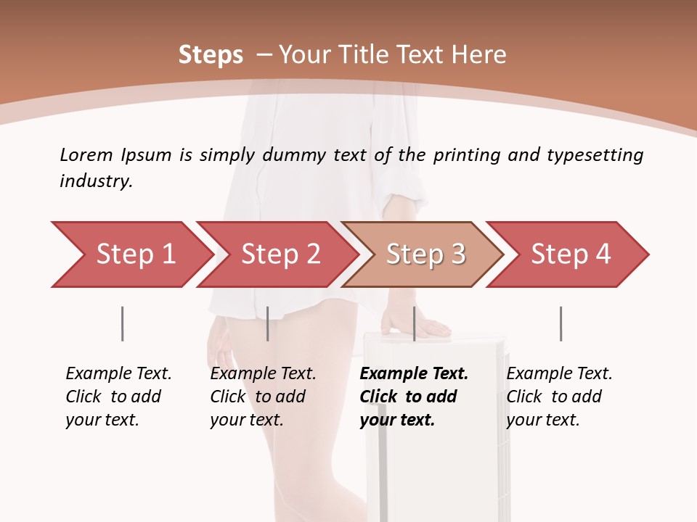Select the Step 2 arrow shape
[x=280, y=254]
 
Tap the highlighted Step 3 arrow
[x=425, y=254]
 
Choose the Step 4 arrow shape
[x=570, y=254]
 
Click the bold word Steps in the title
[x=211, y=54]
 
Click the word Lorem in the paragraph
[x=86, y=154]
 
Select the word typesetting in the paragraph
[x=595, y=154]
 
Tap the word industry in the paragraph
[x=95, y=181]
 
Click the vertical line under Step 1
[x=122, y=323]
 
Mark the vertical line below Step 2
[x=268, y=323]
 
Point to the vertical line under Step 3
[x=414, y=323]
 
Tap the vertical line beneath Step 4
[x=561, y=323]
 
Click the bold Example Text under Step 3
[x=414, y=373]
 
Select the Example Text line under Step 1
[x=118, y=373]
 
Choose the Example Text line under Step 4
[x=559, y=373]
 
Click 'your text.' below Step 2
[x=247, y=420]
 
